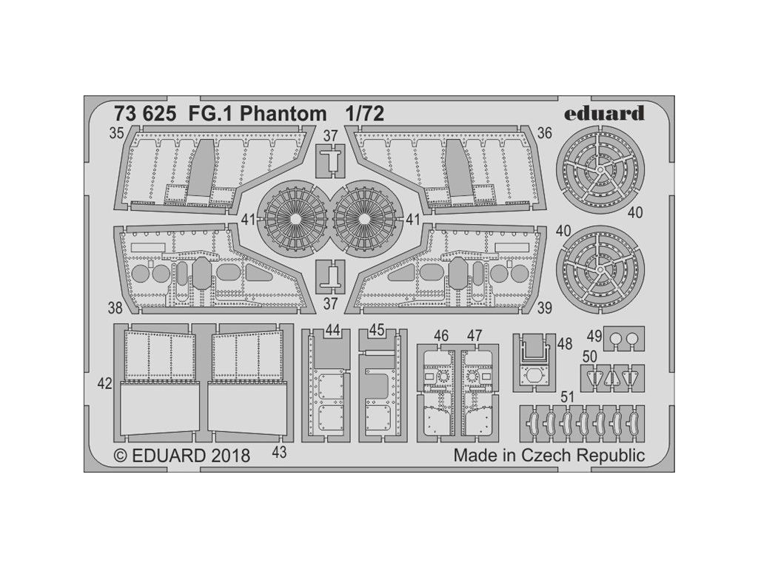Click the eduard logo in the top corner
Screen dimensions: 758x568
[x=604, y=113]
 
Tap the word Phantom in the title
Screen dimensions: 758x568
[x=283, y=114]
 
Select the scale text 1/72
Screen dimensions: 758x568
[x=364, y=113]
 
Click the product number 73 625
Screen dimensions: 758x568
[x=144, y=114]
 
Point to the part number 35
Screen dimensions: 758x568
[x=116, y=133]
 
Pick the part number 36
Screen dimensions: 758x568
[x=544, y=133]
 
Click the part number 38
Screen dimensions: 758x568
[x=115, y=307]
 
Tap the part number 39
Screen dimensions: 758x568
[x=544, y=307]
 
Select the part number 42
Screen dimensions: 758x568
[x=104, y=384]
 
